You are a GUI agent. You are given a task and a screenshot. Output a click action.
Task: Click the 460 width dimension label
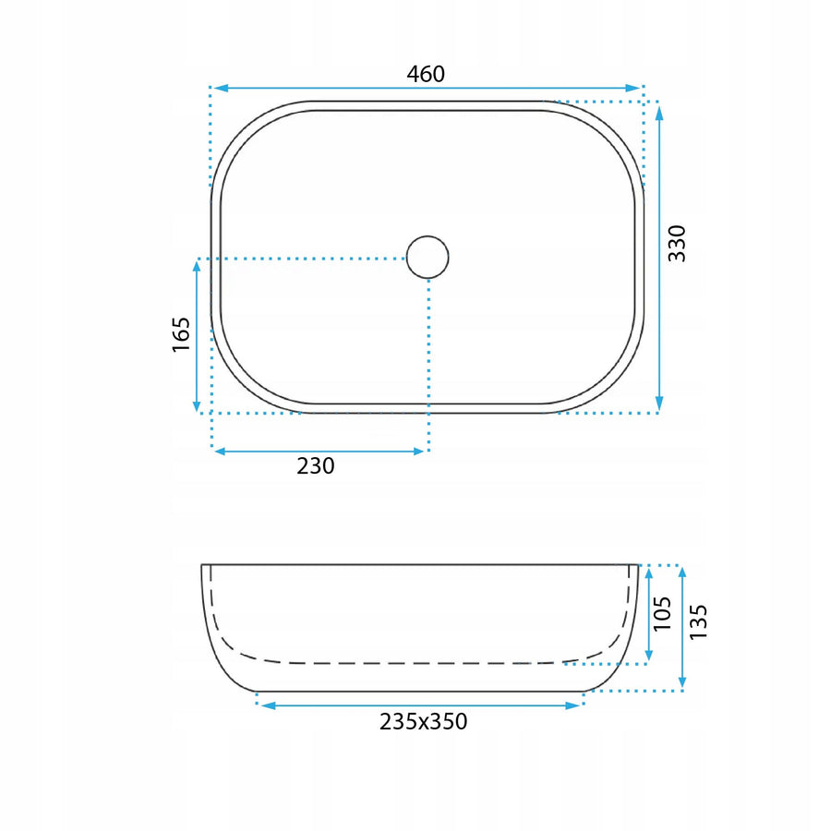point(426,74)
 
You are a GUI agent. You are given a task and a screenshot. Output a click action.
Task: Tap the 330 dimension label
point(677,243)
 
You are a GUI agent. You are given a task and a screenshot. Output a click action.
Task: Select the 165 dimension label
point(181,334)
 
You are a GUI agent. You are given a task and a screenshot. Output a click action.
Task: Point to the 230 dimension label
point(316,466)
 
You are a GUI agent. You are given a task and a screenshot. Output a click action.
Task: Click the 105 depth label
point(662,614)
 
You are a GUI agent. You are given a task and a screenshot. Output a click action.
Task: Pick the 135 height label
point(698,621)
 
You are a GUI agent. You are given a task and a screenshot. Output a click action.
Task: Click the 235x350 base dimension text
point(424,721)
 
